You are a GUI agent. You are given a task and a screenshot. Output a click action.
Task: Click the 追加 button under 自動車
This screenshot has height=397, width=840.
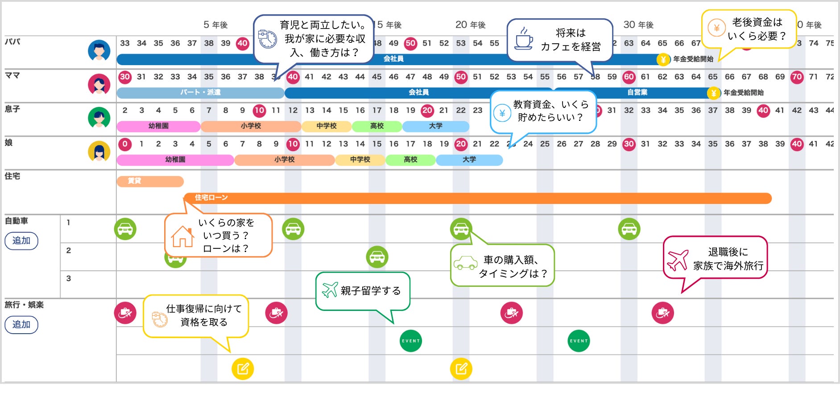tap(21, 241)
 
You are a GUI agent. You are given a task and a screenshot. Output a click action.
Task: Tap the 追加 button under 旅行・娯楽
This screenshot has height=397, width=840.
tap(21, 325)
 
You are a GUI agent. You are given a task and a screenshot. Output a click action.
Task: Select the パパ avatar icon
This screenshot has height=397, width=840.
tap(99, 50)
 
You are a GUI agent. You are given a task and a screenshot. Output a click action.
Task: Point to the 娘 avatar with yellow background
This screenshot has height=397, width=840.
tap(99, 152)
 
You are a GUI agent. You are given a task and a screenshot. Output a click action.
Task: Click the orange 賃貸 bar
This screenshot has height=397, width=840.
tap(150, 181)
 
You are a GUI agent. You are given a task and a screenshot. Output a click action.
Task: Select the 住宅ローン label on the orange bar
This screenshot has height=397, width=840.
tap(211, 198)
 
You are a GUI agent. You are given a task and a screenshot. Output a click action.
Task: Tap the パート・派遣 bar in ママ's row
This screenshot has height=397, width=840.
tap(200, 92)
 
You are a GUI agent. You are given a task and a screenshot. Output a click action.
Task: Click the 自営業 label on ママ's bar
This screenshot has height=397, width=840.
tap(637, 92)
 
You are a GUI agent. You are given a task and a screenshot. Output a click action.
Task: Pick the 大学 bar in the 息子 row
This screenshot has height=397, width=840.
tap(435, 126)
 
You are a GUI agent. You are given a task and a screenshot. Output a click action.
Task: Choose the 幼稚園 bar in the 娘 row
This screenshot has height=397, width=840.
tap(175, 160)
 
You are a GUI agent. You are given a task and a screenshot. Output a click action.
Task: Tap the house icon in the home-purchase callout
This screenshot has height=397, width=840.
tap(182, 236)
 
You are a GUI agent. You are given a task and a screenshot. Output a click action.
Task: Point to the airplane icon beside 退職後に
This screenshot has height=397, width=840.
tap(678, 260)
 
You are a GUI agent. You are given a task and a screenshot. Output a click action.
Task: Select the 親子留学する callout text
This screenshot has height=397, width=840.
tap(370, 291)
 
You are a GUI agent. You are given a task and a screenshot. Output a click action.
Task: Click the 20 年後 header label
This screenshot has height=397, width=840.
tap(470, 25)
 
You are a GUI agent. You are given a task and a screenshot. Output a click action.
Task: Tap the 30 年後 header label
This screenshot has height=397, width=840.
tap(638, 25)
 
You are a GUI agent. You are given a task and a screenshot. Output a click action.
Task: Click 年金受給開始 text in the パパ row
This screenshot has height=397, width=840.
tap(693, 59)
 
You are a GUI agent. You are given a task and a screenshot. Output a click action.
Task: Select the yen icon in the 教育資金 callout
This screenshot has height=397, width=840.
tap(502, 113)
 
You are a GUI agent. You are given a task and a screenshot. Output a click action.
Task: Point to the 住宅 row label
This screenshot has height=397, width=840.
tap(12, 176)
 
